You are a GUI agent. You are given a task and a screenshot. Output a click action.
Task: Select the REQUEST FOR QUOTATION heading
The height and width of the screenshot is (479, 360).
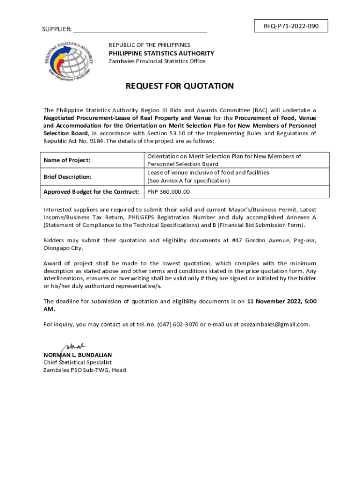coord(179,86)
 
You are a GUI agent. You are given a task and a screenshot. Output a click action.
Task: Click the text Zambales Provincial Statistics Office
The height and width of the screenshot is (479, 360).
coord(157,61)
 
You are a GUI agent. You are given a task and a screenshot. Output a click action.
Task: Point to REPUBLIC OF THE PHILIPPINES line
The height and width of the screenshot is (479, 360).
coord(150,45)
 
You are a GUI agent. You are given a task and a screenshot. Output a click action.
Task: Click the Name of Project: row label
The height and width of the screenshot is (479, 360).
coord(66,160)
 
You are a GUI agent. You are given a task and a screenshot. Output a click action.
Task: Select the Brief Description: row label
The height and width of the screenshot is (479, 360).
coord(67,177)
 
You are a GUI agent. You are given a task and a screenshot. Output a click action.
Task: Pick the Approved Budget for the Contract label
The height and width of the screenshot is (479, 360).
coord(91,192)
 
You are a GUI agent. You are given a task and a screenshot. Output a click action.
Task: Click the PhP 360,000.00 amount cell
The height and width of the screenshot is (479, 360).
coord(168,192)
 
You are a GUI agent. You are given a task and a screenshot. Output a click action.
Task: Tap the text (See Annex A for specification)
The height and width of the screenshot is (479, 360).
coord(188,181)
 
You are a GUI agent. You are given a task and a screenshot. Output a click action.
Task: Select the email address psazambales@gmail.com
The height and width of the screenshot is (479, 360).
coord(271,324)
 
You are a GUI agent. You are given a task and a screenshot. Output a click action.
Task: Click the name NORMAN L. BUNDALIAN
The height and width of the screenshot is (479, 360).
coord(77,355)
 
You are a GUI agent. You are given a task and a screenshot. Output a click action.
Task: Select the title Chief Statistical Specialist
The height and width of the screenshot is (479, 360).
coord(77,362)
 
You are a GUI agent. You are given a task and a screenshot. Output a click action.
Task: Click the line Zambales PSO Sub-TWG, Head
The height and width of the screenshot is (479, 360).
coord(84,370)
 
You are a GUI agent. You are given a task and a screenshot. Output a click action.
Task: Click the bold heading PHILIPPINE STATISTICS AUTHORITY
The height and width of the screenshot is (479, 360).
coord(161,53)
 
